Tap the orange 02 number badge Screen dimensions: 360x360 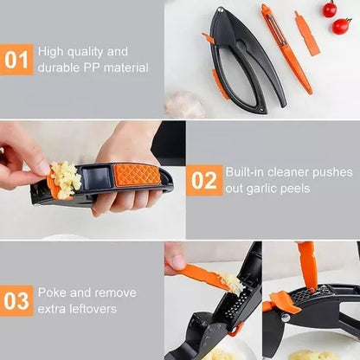[x=203, y=179]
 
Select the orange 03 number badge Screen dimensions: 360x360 [x=16, y=300]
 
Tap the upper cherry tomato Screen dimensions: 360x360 [x=329, y=10]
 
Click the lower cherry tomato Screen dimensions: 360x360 [x=341, y=25]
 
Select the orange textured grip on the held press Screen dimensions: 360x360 [x=136, y=174]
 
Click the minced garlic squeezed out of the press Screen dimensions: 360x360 [x=65, y=179]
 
